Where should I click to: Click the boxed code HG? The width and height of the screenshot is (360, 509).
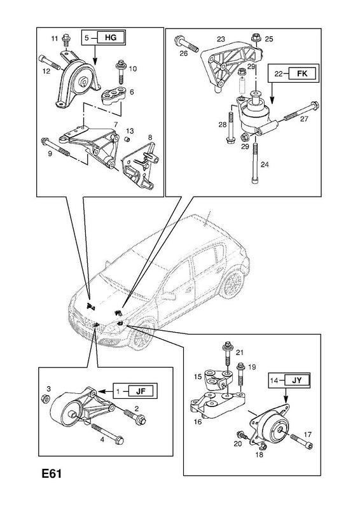coord(110,38)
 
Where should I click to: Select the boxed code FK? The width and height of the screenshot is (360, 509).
coord(301,73)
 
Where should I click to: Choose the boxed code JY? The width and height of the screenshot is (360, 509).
coord(296,380)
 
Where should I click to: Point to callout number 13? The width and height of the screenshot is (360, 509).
coord(130,131)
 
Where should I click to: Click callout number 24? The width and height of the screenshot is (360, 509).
coord(265,165)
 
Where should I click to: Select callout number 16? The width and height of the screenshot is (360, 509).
coord(198,422)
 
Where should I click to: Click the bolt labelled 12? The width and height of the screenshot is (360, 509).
coord(50,62)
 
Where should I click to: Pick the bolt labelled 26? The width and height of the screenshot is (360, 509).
coord(186,43)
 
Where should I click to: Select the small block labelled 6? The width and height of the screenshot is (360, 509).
coord(114,96)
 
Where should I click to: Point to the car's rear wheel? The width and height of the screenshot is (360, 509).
coord(232,282)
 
